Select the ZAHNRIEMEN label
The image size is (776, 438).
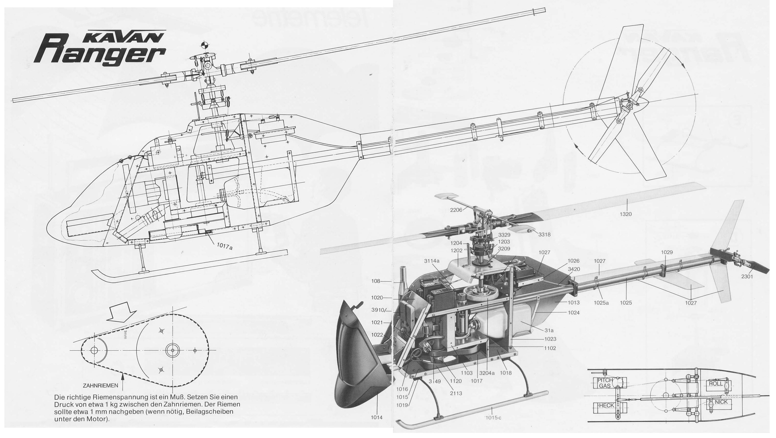click(x=100, y=385)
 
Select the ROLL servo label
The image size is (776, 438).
click(x=716, y=384)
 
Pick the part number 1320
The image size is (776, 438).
click(x=626, y=214)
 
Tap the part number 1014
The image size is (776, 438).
click(x=377, y=417)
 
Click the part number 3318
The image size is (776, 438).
click(x=544, y=234)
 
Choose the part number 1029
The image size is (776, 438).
click(x=667, y=252)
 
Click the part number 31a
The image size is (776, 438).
click(x=549, y=330)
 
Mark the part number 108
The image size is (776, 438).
click(x=376, y=282)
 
